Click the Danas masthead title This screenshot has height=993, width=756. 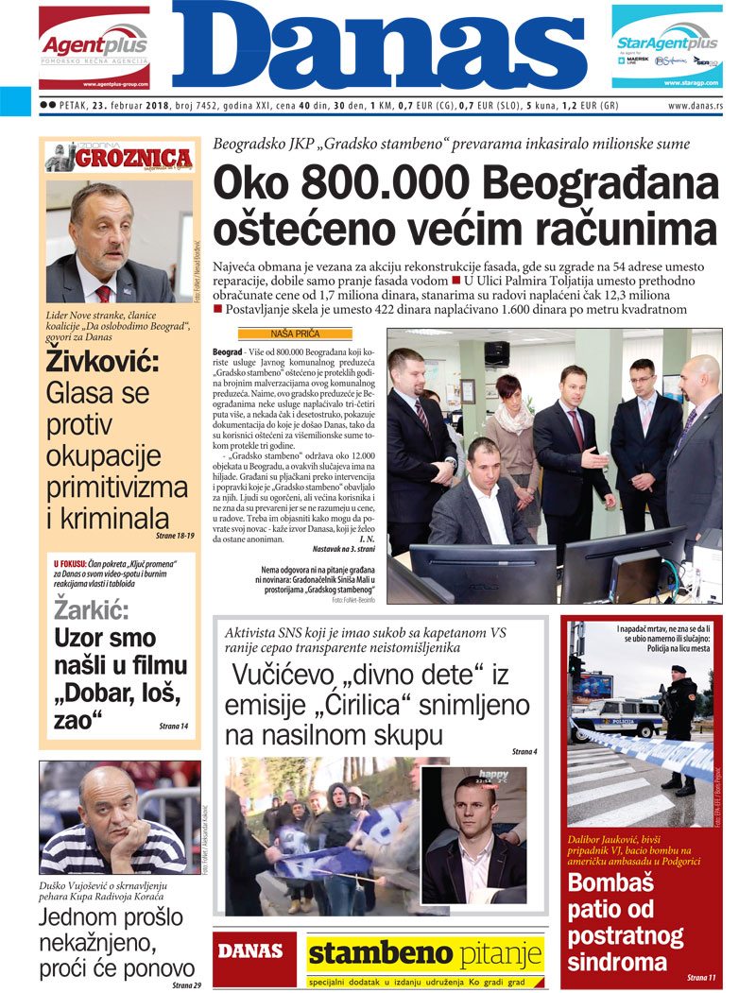click(378, 47)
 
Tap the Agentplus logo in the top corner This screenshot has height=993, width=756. click(94, 46)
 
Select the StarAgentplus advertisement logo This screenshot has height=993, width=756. click(666, 46)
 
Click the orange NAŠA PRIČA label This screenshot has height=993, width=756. click(294, 334)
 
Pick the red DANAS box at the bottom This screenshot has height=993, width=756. click(250, 951)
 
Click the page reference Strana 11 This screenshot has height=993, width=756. click(701, 977)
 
